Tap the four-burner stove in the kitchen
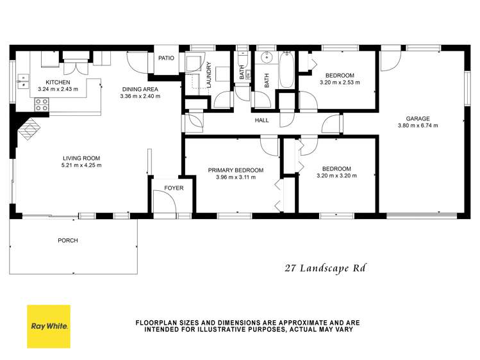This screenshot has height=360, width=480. (x=42, y=106)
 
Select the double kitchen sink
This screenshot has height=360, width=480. (x=24, y=81)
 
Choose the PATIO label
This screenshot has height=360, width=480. (x=167, y=58)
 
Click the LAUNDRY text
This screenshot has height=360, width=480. (x=209, y=75)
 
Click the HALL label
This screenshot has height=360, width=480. (x=261, y=120)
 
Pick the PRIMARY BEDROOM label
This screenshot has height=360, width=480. (x=236, y=170)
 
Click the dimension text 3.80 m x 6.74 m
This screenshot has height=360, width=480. (x=417, y=126)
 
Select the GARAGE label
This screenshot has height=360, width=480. (x=417, y=118)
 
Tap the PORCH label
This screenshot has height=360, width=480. (x=67, y=241)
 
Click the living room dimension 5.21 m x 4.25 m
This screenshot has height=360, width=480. (x=81, y=165)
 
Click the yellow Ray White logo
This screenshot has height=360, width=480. (x=48, y=325)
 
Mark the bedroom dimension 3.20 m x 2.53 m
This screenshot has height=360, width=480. (x=340, y=82)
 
